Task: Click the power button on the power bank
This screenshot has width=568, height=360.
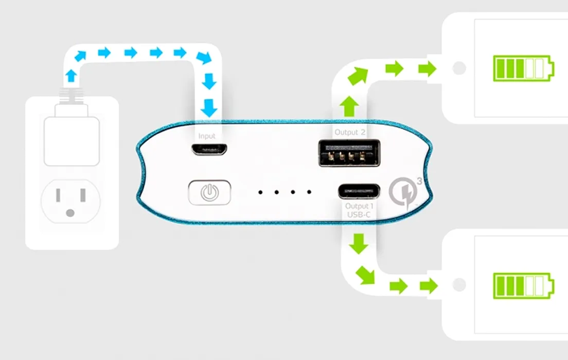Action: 209,192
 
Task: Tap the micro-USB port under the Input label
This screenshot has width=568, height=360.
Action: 209,149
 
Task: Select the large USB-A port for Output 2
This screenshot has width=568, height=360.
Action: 349,153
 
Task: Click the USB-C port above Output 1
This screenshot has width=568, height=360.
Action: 359,191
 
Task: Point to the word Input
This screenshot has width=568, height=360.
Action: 207,136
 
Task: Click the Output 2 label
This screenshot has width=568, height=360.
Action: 349,132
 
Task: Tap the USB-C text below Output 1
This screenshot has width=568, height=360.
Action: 359,215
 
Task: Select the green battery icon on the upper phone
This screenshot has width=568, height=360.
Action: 523,68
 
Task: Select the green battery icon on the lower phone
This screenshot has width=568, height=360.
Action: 523,286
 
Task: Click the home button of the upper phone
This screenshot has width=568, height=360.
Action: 459,68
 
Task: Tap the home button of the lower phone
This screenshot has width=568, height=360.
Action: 459,285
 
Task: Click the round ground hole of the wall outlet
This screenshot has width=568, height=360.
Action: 70,213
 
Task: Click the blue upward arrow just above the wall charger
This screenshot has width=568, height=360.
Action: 71,76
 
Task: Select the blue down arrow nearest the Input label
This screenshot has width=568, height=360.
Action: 209,108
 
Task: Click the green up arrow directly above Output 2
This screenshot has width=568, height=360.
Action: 349,106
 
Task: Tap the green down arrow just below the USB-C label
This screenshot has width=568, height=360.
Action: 359,243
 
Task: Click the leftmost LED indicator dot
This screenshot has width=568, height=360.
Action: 260,192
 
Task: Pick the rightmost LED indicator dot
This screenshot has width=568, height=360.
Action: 309,192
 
